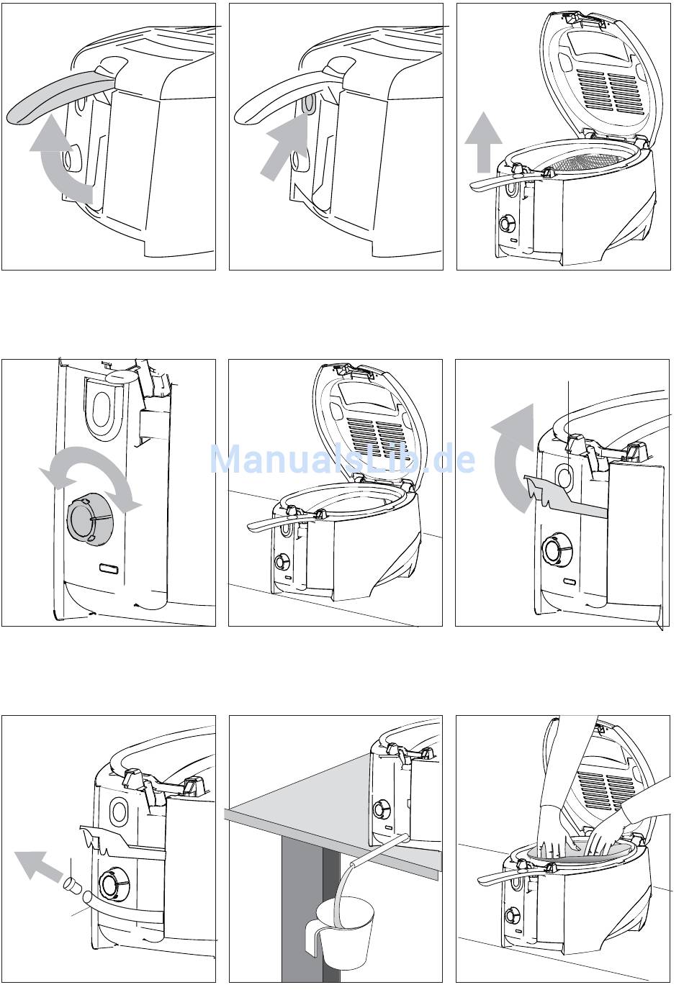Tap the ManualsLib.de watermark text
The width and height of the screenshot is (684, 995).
click(x=342, y=458)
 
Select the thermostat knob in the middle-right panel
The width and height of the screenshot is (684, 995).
click(x=555, y=550)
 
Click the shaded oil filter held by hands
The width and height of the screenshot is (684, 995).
click(x=569, y=849)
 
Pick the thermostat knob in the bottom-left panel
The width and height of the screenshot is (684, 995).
click(x=111, y=884)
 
